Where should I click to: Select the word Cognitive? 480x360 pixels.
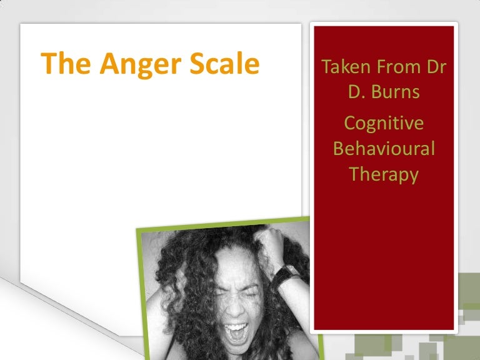click(384, 123)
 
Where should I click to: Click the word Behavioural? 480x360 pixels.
click(384, 149)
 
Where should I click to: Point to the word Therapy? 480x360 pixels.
click(384, 174)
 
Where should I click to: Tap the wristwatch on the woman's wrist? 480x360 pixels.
click(289, 274)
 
